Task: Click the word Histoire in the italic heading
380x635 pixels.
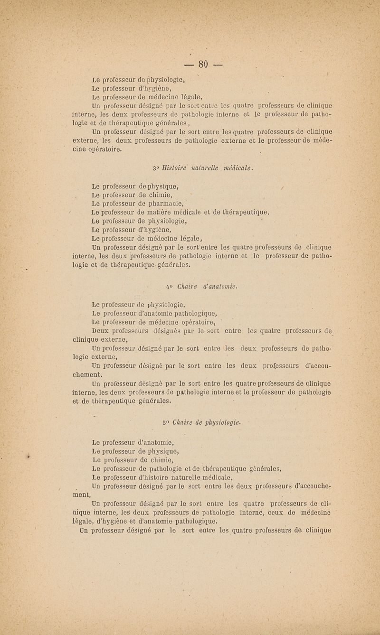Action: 169,167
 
